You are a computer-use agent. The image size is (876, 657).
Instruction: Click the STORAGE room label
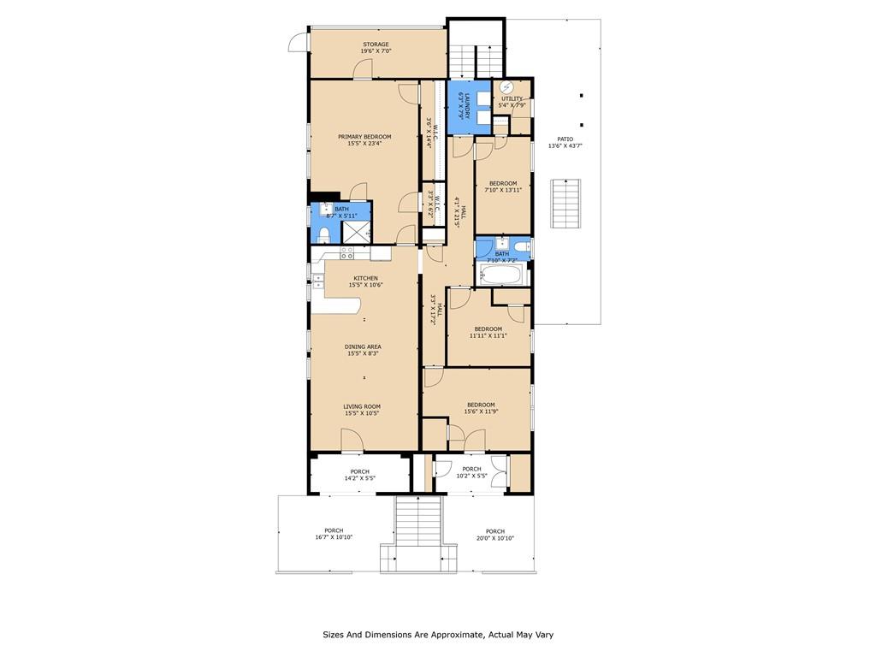point(376,44)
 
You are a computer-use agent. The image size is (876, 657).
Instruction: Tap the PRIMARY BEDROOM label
point(364,137)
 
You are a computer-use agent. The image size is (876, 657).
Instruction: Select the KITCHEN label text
point(366,278)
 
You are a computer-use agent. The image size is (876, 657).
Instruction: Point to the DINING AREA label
point(364,346)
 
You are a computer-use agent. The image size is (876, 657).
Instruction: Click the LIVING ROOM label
point(362,406)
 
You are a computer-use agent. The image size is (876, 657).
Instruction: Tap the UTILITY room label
point(512,98)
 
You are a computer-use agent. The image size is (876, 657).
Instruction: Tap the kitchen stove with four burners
point(347,252)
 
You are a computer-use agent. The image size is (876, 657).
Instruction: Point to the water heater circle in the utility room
point(506,86)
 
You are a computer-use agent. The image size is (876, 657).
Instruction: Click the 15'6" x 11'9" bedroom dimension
point(480,411)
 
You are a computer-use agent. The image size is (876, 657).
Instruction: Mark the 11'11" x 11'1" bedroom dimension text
point(488,336)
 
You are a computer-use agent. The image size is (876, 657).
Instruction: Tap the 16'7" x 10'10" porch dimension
point(333,537)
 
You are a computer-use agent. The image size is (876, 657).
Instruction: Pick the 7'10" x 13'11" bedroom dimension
point(503,190)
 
